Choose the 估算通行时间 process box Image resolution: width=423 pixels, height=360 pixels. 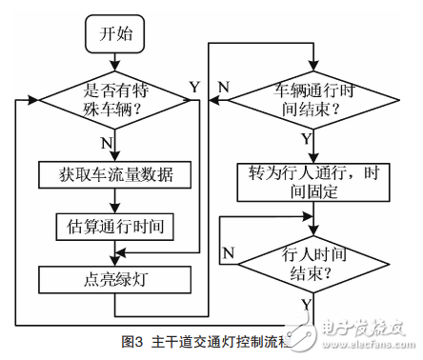(114, 227)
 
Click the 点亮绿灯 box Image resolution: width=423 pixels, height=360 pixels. (114, 280)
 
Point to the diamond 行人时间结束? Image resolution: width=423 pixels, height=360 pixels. (305, 261)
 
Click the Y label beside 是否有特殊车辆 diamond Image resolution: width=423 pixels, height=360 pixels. (194, 88)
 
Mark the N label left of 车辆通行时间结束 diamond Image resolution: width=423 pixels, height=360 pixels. (223, 88)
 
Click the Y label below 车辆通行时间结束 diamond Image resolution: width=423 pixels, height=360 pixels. (306, 139)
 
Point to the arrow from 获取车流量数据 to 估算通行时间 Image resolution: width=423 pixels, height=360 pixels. (115, 200)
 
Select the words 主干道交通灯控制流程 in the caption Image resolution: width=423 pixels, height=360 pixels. (218, 340)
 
